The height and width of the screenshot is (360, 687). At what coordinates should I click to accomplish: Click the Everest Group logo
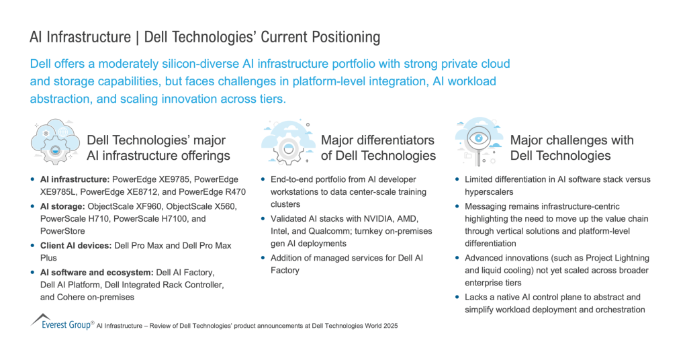[62, 322]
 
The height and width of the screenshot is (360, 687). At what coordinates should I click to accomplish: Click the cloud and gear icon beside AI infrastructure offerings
[55, 142]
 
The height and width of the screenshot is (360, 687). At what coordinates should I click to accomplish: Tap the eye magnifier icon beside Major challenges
[478, 142]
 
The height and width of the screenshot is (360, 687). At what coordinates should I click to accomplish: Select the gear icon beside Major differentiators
[288, 142]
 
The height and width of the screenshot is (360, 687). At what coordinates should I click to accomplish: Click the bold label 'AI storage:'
[62, 206]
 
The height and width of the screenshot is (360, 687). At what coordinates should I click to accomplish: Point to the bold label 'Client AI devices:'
[76, 246]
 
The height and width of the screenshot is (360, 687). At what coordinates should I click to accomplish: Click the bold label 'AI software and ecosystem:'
[97, 273]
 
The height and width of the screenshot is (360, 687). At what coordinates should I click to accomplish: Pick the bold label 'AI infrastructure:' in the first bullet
[75, 179]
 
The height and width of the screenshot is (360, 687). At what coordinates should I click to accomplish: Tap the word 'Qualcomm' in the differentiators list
[328, 231]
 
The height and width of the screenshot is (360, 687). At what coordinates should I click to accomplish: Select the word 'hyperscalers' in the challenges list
[489, 192]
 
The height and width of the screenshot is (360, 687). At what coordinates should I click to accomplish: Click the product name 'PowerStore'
[62, 231]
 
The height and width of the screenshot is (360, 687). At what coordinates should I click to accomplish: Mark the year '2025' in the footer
[391, 326]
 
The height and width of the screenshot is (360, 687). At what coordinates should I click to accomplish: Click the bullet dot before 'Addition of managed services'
[263, 257]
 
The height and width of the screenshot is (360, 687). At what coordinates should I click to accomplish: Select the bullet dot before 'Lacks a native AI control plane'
[457, 297]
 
